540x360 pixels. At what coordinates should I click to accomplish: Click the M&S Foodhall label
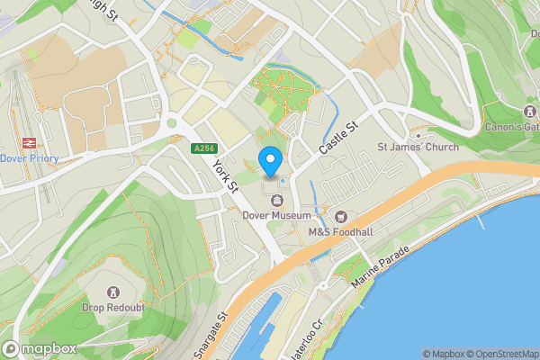(x=340, y=231)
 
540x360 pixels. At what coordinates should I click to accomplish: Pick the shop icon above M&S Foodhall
(x=341, y=216)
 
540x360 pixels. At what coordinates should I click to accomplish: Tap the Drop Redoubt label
(x=113, y=307)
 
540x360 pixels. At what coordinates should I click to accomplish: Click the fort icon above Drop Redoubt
(x=113, y=292)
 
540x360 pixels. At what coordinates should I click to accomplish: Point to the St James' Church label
(x=417, y=147)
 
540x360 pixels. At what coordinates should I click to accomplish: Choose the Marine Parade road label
(x=382, y=268)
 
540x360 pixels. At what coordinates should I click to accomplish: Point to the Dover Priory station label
(x=29, y=158)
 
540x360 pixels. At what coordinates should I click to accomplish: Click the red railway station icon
(x=28, y=143)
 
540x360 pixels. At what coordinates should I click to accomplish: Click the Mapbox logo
(x=40, y=349)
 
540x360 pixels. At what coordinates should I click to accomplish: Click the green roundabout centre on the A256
(x=172, y=122)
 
